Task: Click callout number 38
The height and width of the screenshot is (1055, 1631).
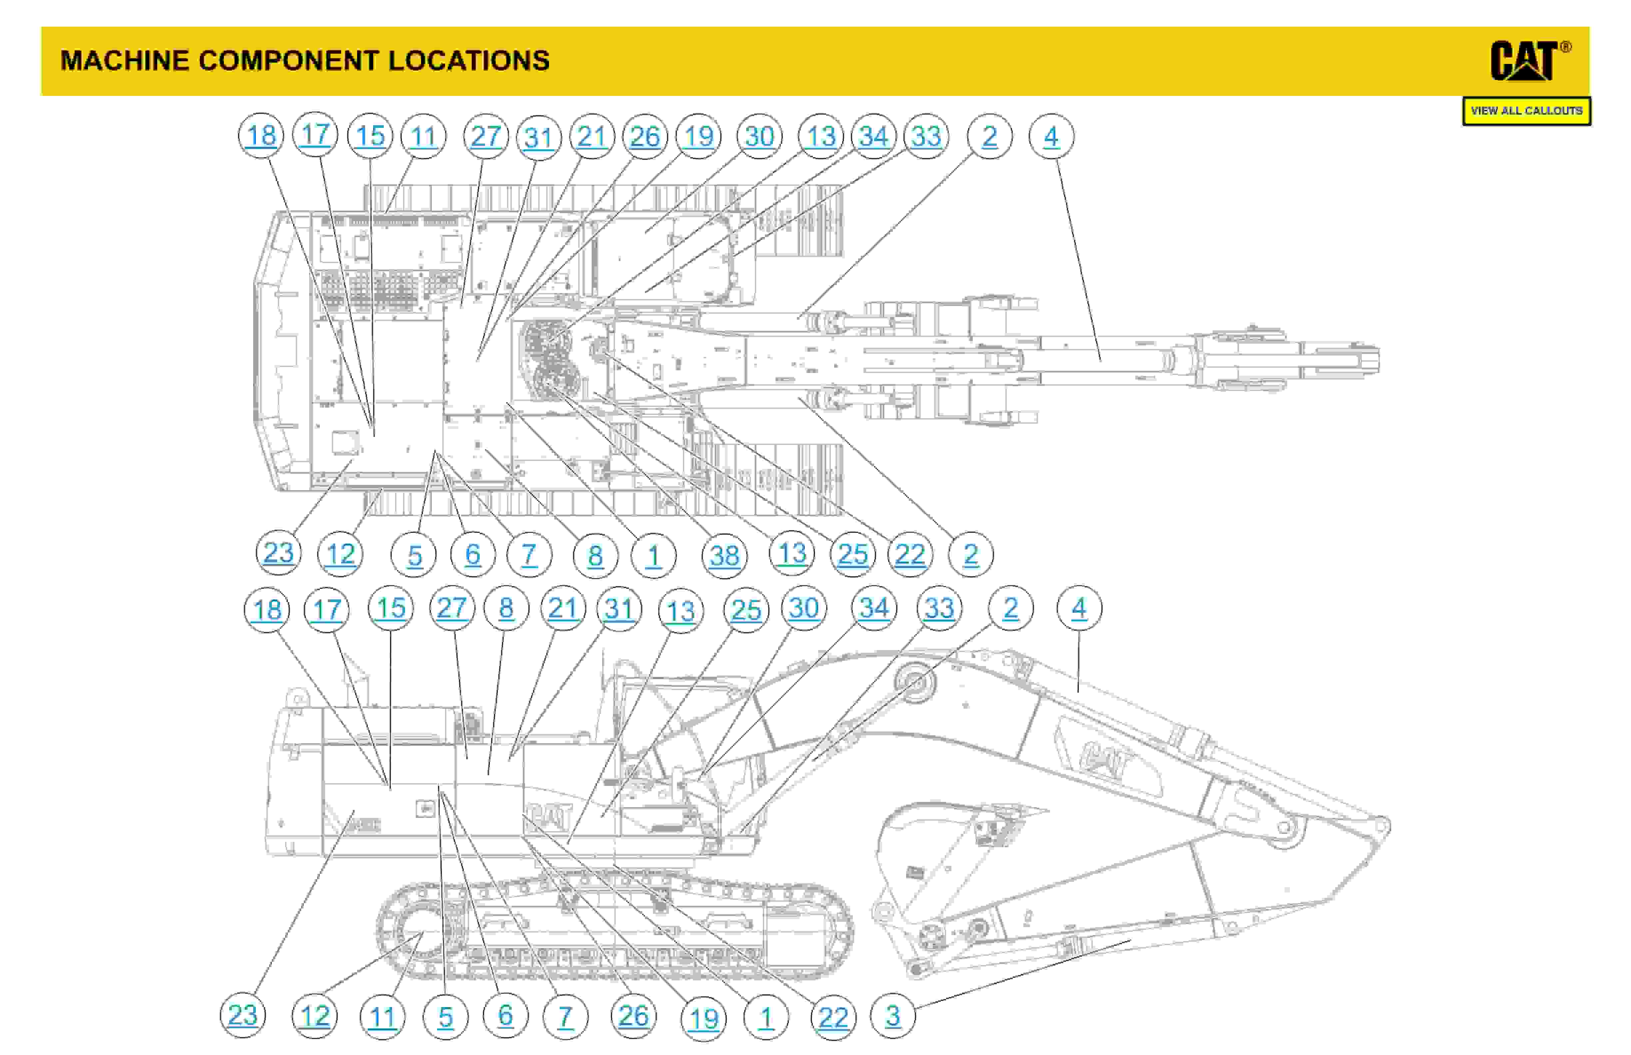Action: point(724,555)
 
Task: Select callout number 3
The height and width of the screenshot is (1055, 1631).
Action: point(892,1015)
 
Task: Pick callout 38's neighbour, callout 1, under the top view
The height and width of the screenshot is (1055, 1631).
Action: point(653,555)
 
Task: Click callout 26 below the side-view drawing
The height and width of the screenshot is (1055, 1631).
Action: point(633,1015)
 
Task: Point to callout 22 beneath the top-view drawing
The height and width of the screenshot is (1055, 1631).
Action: point(910,554)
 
